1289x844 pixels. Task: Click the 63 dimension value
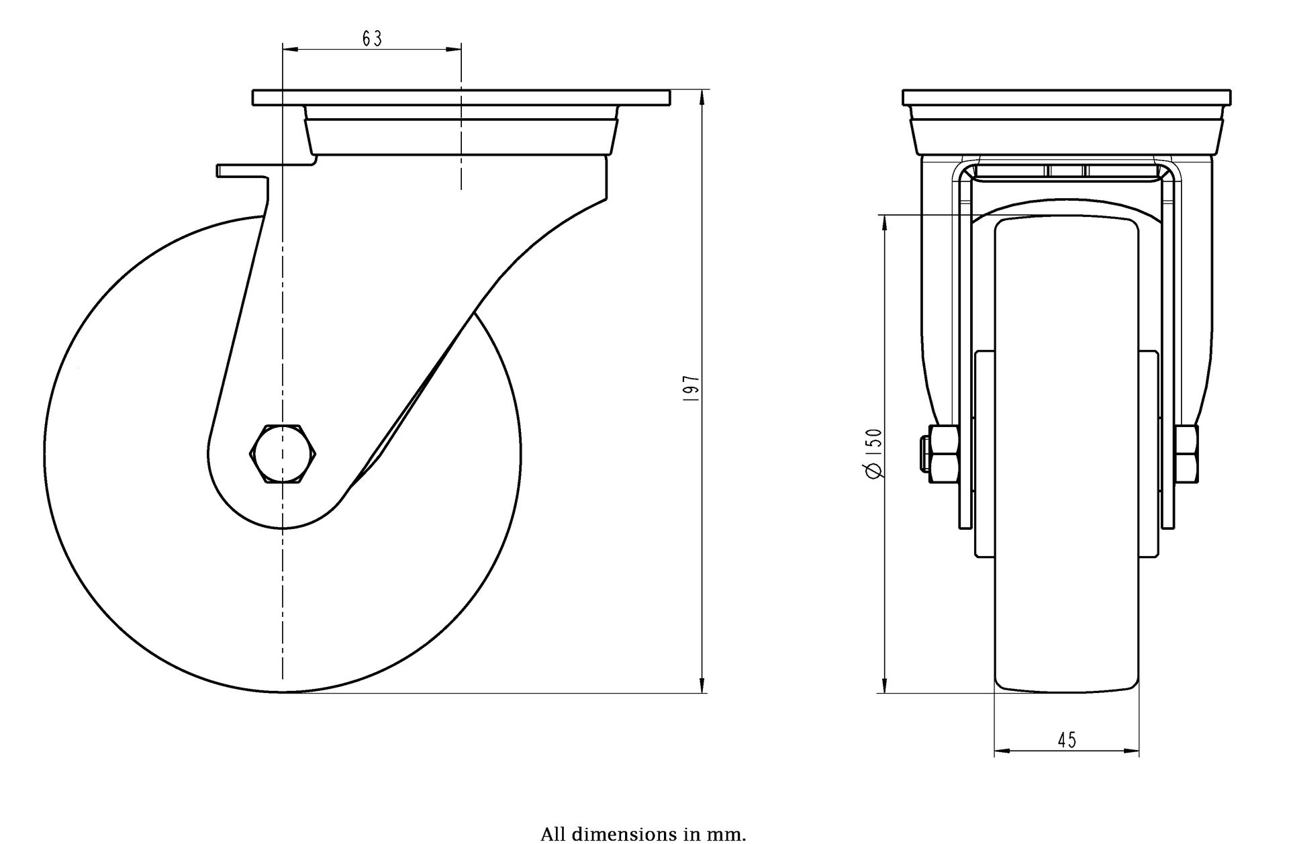372,39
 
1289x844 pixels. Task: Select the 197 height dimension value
691,389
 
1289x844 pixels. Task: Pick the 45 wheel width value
1067,740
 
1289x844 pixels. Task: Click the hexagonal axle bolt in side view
283,454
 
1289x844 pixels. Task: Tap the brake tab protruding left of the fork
242,171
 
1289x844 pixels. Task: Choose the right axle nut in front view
1186,454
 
